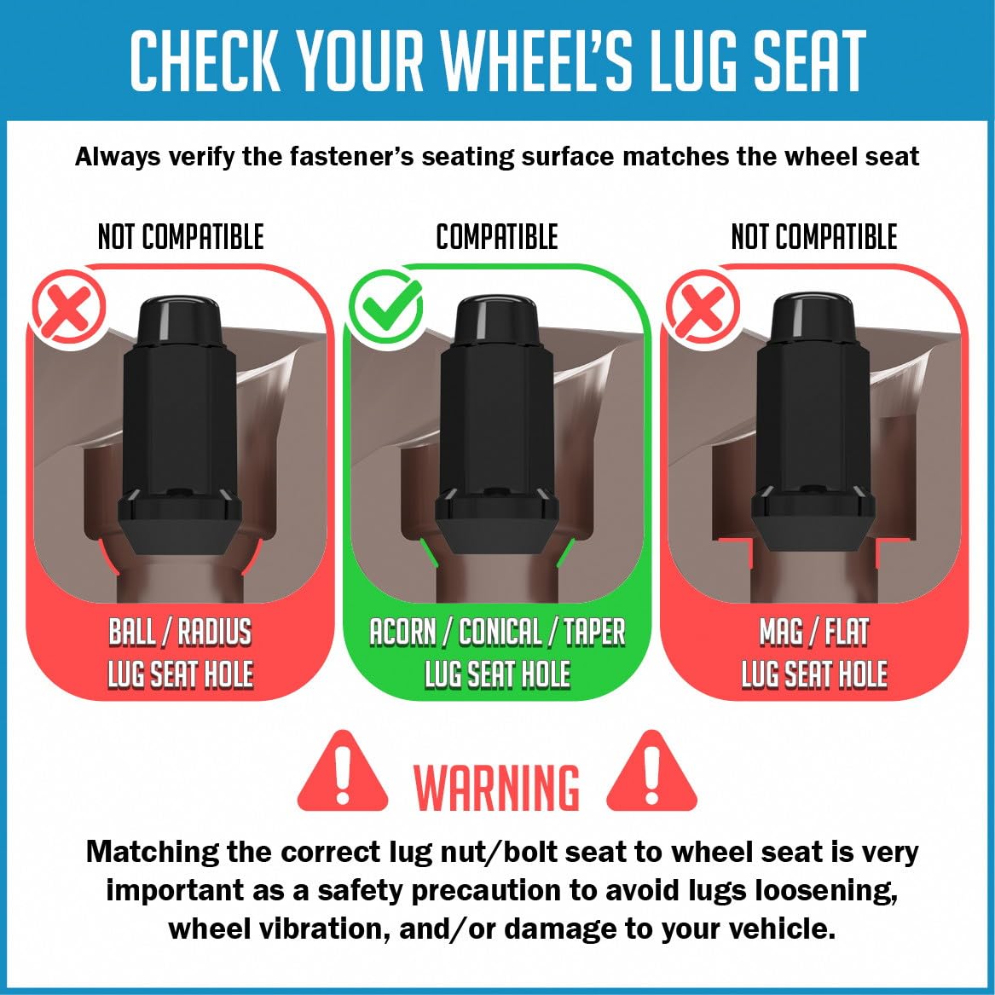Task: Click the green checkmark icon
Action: [x=386, y=306]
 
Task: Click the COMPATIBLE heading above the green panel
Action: [x=497, y=237]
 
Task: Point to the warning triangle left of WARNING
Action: [x=342, y=771]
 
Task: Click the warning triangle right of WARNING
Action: [x=651, y=771]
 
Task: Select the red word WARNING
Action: [x=497, y=787]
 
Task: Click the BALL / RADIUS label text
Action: [x=180, y=632]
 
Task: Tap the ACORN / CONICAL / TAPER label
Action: [x=498, y=632]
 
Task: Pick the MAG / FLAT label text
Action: [x=814, y=632]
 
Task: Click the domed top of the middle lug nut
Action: [x=497, y=317]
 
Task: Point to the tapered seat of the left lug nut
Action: [x=180, y=536]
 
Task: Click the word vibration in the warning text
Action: [x=317, y=928]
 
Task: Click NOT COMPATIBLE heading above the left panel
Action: [x=180, y=237]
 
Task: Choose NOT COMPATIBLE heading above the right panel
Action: [x=814, y=237]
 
